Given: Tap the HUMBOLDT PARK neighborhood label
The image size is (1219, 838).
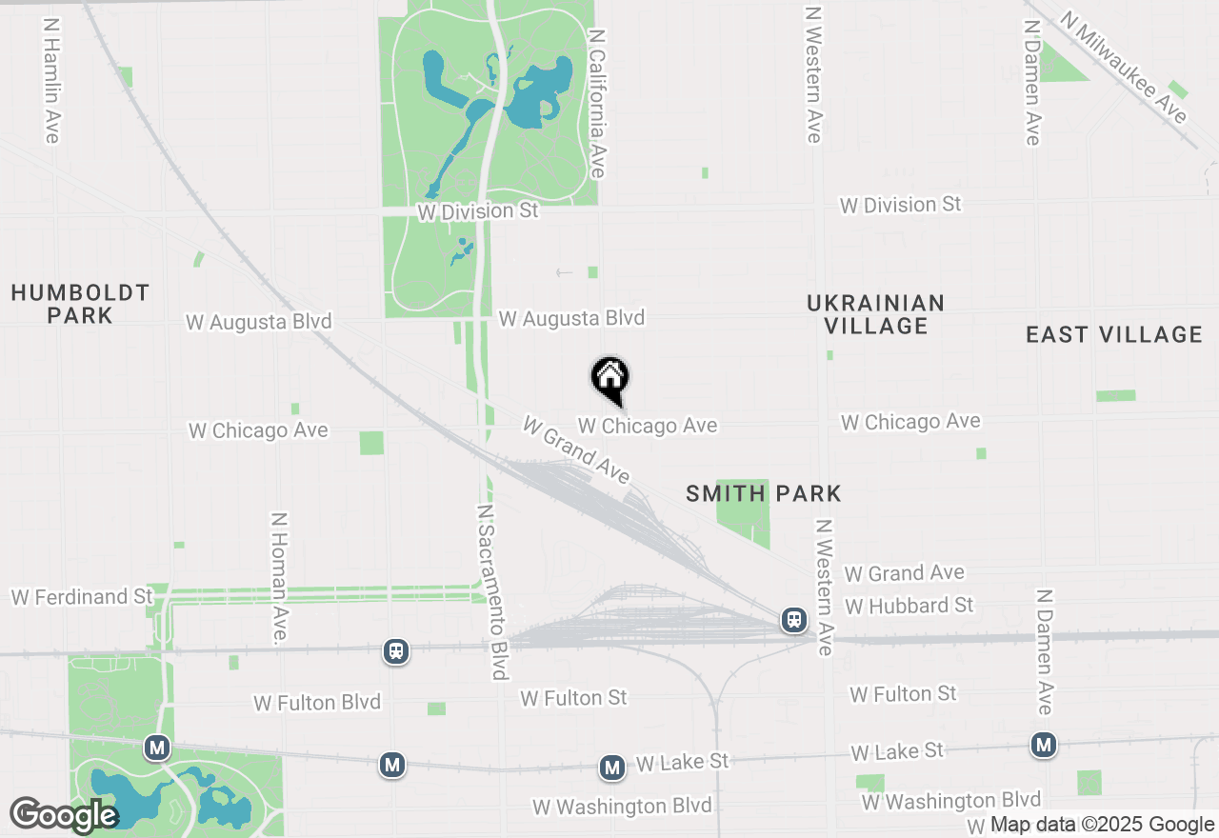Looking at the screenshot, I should tap(80, 304).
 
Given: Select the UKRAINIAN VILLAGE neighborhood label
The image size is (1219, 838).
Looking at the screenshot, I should tap(875, 314).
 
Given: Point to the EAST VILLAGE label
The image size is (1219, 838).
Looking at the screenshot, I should tap(1114, 334).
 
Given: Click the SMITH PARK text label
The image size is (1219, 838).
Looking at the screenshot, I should tap(764, 493).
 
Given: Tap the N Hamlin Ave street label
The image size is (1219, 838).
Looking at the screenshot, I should tap(51, 78).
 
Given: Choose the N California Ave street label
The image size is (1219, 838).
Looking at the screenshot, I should tap(597, 103).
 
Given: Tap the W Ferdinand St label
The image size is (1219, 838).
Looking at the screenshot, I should tap(82, 597).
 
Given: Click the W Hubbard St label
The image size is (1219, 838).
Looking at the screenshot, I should tap(909, 606).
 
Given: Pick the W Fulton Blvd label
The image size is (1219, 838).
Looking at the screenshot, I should tap(317, 703).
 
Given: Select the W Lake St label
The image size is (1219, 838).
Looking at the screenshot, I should tap(682, 762).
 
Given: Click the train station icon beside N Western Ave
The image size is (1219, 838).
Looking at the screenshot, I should tap(793, 621).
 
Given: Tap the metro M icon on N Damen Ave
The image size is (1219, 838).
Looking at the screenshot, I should tap(1045, 744).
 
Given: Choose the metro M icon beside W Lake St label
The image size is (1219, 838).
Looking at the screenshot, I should tap(611, 767).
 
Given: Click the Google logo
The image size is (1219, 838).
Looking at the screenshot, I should tap(63, 815).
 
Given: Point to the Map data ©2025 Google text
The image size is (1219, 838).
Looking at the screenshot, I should tap(1102, 825).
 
